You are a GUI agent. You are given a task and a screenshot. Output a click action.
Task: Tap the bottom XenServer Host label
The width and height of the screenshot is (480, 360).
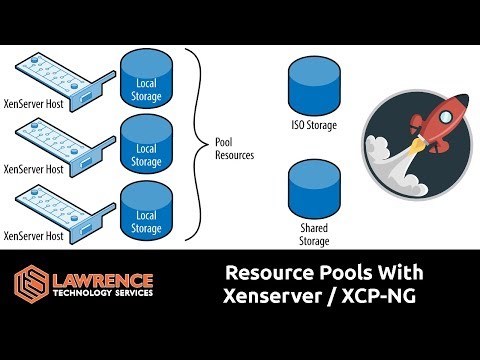pos(35,236)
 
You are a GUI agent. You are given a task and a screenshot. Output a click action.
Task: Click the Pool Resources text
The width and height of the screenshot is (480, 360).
pos(235,148)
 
